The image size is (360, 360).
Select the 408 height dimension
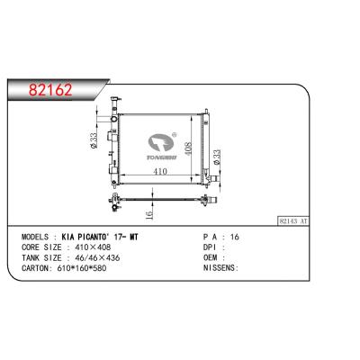click(187, 148)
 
